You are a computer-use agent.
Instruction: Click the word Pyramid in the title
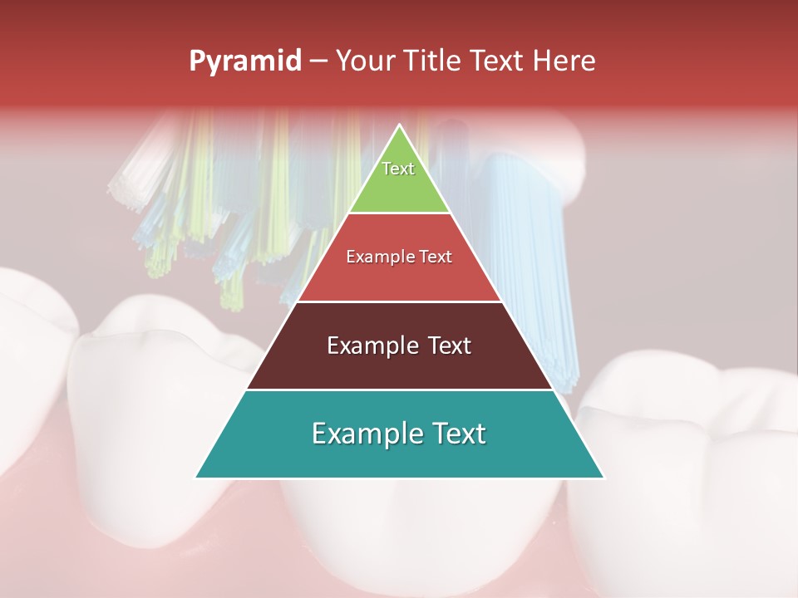point(245,61)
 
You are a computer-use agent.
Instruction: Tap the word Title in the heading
point(433,61)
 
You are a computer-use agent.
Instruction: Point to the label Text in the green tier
point(398,169)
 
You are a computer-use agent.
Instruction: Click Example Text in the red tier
point(399,257)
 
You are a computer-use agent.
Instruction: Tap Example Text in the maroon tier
point(399,346)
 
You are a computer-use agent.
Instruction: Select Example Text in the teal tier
point(399,434)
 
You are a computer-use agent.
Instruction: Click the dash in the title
point(318,61)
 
